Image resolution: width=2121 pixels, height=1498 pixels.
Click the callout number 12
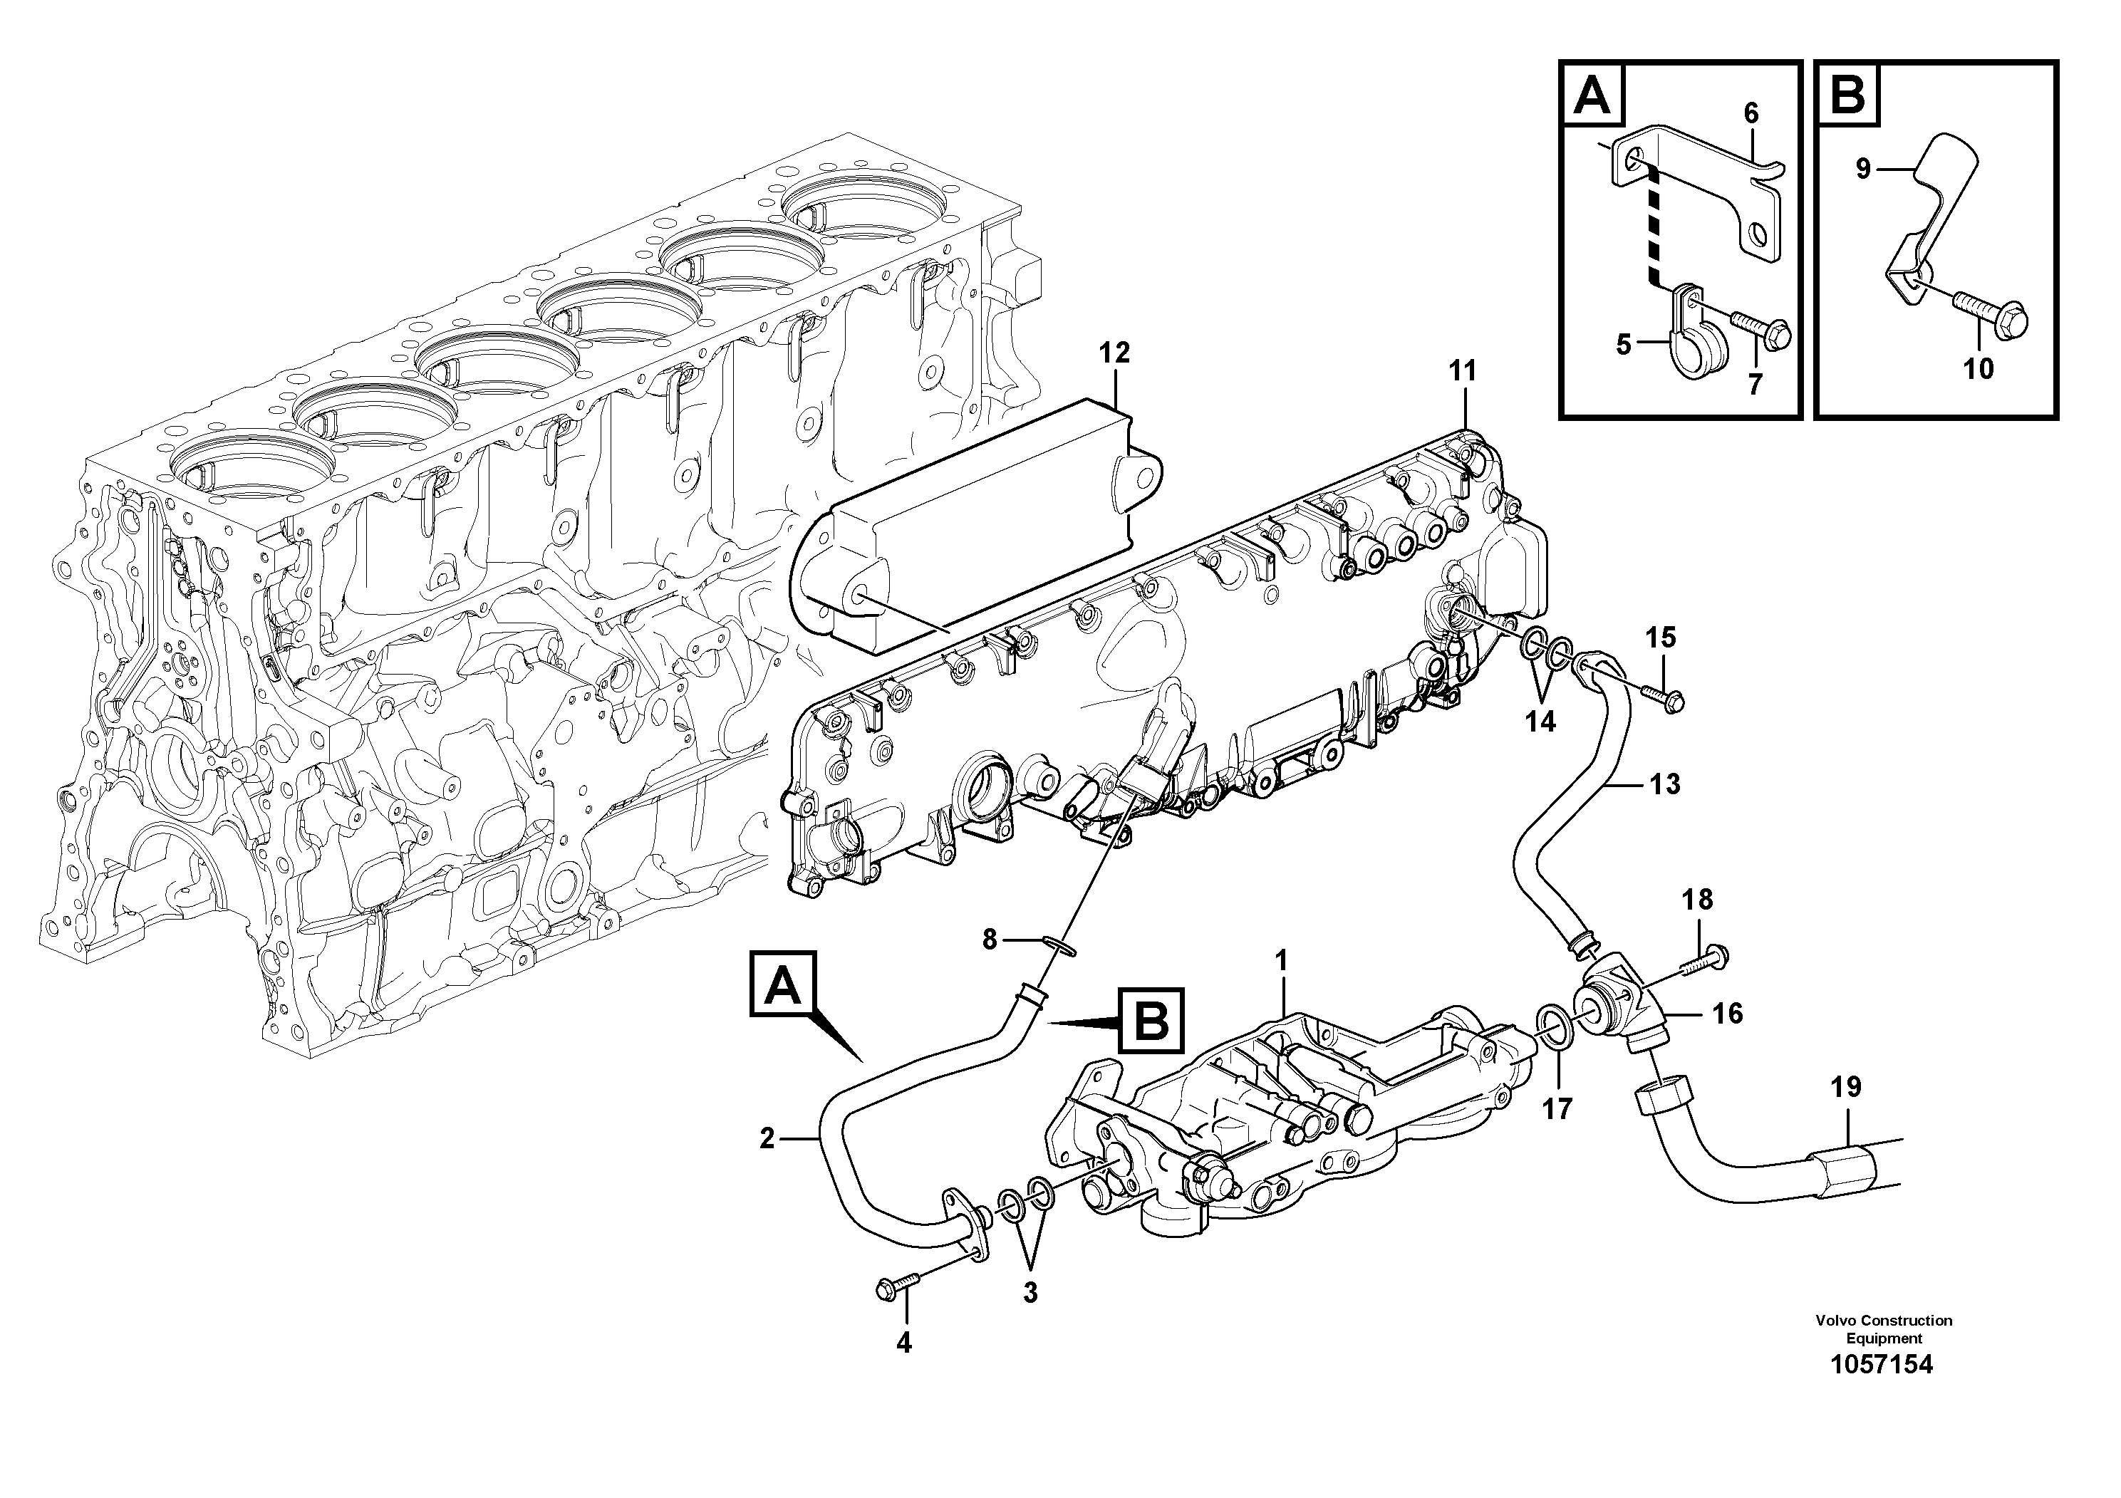point(1114,353)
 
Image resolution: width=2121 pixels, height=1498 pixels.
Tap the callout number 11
point(1463,371)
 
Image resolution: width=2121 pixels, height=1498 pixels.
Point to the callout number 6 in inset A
point(1751,113)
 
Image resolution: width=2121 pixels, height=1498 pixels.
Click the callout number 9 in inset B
point(1862,169)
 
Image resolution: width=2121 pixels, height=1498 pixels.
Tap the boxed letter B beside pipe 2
point(1150,1021)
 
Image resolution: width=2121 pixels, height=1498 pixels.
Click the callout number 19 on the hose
point(1846,1087)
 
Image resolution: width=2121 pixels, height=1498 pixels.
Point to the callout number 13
point(1664,785)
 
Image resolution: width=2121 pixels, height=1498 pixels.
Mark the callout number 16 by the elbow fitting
point(1726,1014)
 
